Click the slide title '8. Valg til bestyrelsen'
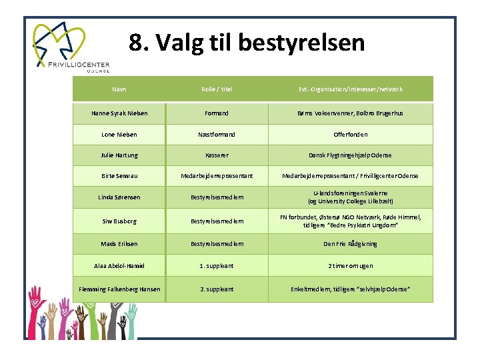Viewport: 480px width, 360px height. (247, 43)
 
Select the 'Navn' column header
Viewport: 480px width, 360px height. (119, 89)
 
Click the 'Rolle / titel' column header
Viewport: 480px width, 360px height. (217, 89)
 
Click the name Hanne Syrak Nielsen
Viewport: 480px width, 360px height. (119, 113)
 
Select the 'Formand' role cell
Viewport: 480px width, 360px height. (217, 113)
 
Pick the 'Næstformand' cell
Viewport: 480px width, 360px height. (217, 135)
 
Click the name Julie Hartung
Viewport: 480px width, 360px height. (119, 155)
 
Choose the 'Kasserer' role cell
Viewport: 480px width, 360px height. (217, 155)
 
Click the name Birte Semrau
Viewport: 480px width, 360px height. (119, 176)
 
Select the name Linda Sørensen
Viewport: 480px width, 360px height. (119, 197)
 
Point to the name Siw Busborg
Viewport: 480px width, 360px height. (119, 221)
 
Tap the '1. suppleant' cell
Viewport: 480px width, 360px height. (217, 265)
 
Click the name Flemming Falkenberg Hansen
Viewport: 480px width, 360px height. (119, 289)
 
